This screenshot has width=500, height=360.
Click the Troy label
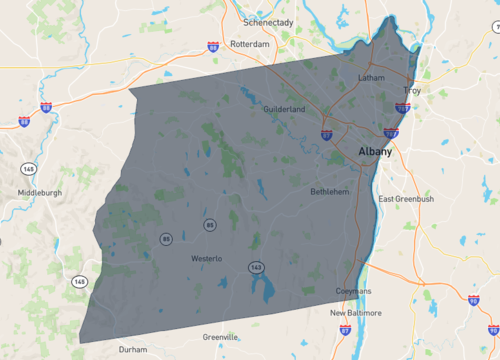click(x=413, y=90)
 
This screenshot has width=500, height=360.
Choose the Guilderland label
click(x=284, y=108)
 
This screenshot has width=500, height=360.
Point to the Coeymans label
click(x=352, y=291)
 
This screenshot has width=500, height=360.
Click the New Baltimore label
click(x=356, y=312)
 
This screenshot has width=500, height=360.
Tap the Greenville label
click(x=221, y=337)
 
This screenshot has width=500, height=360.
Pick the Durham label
click(x=132, y=350)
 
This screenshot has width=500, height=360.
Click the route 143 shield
click(x=257, y=267)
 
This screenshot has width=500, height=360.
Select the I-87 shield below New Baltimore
click(x=344, y=329)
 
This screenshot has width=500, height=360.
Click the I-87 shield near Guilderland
click(x=327, y=133)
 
